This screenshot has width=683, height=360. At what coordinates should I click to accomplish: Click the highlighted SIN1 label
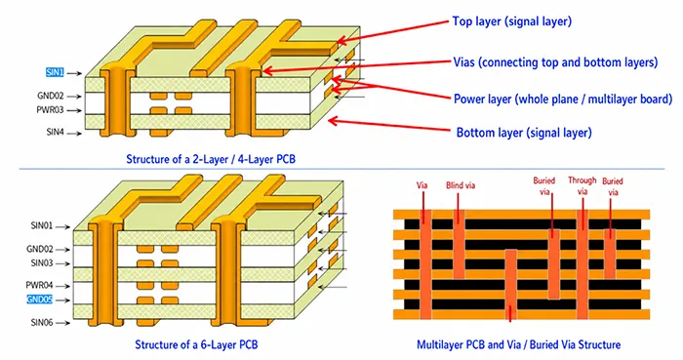coord(55,73)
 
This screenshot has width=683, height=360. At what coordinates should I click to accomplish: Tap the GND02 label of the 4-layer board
coord(51,96)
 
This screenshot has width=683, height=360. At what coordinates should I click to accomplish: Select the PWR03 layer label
coord(50,110)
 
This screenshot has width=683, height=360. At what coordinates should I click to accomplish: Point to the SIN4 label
coord(56,132)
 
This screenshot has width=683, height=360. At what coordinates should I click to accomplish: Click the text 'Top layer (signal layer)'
coord(512,21)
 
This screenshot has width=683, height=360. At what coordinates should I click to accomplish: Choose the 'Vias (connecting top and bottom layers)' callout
coord(555,62)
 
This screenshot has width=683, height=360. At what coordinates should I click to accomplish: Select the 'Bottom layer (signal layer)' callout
coord(524,133)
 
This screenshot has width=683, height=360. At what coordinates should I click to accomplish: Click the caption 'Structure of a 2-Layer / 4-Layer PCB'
coord(211,159)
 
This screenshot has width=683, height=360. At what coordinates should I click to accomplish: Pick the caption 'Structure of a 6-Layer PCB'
coord(196,344)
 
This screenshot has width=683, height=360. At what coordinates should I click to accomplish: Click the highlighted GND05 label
coord(40,300)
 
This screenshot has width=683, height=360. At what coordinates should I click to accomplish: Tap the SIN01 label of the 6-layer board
coord(42,226)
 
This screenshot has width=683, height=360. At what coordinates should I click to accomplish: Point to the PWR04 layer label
coord(39,285)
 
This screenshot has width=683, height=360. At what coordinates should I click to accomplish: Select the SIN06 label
coord(42,323)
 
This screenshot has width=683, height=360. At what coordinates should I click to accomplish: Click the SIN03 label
coord(42,262)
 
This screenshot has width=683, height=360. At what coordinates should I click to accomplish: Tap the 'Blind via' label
coord(461,185)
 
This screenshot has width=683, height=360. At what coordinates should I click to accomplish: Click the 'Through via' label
coord(583,186)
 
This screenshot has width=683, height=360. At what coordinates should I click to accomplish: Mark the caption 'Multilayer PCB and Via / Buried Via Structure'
coord(519,344)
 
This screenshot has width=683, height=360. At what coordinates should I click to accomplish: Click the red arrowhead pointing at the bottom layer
coord(333,121)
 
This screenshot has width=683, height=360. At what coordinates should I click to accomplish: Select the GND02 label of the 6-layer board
coord(40,249)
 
